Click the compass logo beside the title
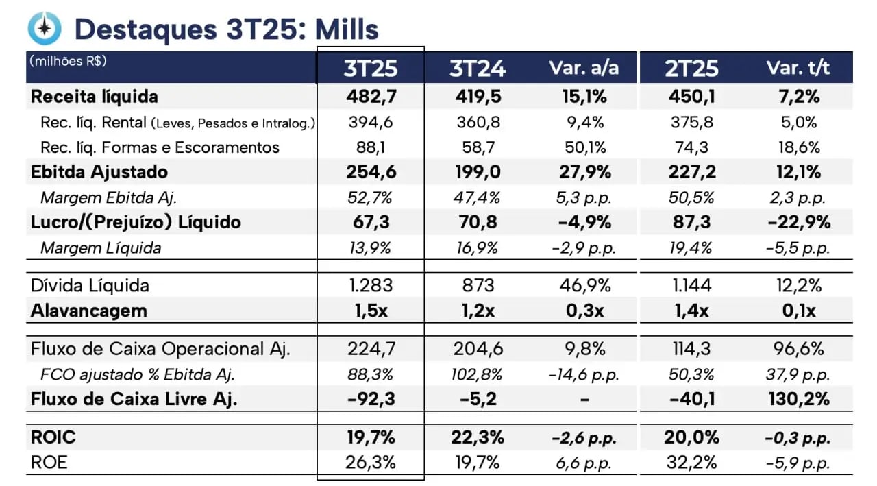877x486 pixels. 45,28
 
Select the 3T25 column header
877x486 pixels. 371,68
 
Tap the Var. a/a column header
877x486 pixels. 584,68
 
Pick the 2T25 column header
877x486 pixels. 691,68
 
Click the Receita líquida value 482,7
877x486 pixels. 371,97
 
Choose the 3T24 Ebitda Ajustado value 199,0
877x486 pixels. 478,171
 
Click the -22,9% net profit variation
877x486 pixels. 798,222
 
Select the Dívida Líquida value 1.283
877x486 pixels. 371,285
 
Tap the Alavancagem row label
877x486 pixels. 89,311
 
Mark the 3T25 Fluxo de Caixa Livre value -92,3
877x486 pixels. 371,399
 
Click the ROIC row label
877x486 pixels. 53,437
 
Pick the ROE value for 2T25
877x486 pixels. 691,462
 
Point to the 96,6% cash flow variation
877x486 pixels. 798,349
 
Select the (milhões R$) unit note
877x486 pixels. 68,60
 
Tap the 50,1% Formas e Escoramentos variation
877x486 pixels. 584,147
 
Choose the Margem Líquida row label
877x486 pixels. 101,247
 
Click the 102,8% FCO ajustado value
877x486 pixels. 478,374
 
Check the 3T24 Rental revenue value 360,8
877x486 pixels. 478,123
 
